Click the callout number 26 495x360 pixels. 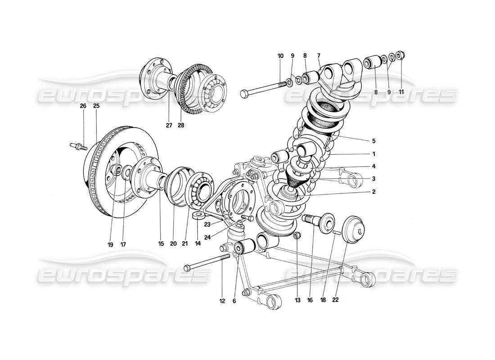coord(83,106)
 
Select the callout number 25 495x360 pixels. coord(96,106)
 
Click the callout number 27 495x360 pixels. coord(169,126)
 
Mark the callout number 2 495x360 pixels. coord(373,191)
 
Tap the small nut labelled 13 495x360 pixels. coord(296,236)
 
